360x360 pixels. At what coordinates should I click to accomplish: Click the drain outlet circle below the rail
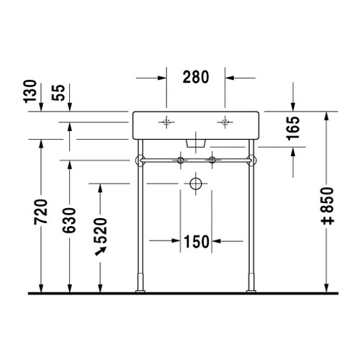[195, 184]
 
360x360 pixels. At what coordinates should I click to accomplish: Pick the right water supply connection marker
[212, 159]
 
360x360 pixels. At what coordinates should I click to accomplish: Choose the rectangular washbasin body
[196, 126]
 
